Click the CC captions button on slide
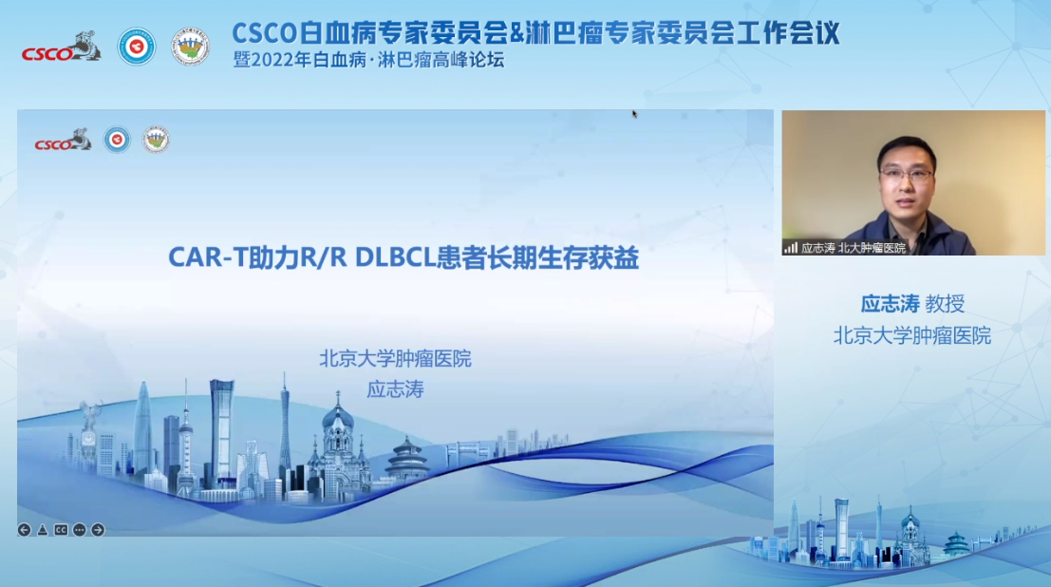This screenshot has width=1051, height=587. coord(61,530)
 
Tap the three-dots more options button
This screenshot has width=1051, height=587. coord(79,530)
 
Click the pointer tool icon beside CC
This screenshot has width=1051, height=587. coord(42,530)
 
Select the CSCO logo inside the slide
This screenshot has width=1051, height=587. coord(63,142)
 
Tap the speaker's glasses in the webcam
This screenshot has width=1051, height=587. coord(906,176)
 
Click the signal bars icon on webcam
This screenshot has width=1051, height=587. coord(791,248)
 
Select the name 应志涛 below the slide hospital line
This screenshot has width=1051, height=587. coord(395,389)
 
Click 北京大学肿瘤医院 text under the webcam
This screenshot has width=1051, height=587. coord(911,335)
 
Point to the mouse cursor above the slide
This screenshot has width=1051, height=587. coord(634,114)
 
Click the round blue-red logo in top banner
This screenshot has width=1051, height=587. coord(137,47)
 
